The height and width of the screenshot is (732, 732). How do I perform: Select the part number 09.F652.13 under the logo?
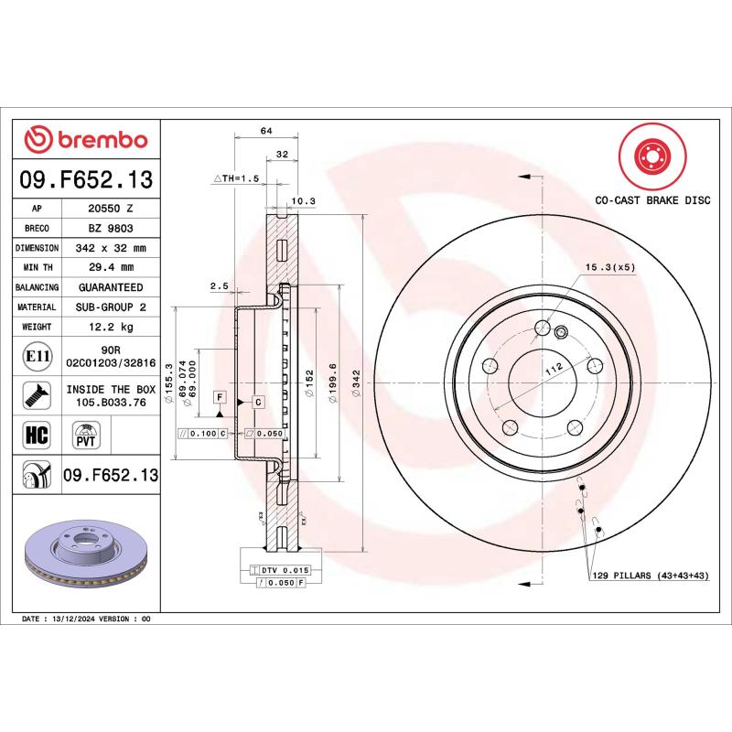pyautogui.click(x=86, y=178)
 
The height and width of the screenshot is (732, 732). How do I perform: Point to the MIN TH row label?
pyautogui.click(x=38, y=267)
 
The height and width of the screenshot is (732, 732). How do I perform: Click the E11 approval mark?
pyautogui.click(x=38, y=355)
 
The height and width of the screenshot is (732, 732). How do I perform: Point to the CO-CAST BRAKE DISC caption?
pyautogui.click(x=652, y=199)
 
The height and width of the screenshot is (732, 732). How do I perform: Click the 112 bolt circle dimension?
pyautogui.click(x=552, y=369)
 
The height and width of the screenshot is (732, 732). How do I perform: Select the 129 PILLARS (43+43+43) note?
pyautogui.click(x=651, y=576)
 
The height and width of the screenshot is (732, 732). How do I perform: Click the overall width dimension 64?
pyautogui.click(x=266, y=132)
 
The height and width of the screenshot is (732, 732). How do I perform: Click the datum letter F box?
pyautogui.click(x=220, y=396)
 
